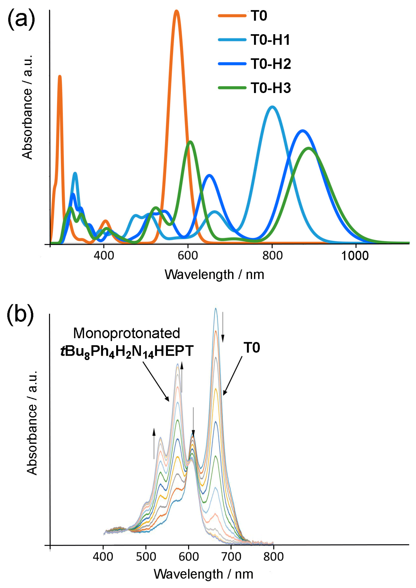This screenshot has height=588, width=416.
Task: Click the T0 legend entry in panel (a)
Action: point(259,16)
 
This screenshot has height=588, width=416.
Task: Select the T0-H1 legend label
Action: point(270,40)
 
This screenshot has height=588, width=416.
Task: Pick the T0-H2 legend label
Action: point(271,64)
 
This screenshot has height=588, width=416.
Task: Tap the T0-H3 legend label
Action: point(271,88)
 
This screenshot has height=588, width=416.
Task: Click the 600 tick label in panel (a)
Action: point(188,256)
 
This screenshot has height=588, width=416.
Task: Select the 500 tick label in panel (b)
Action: point(146,557)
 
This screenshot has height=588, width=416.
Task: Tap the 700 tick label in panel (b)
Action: point(231,557)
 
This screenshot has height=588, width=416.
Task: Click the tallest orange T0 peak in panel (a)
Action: point(176,11)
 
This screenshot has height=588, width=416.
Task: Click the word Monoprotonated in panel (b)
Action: point(127,333)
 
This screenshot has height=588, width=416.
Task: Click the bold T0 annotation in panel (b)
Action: point(252,348)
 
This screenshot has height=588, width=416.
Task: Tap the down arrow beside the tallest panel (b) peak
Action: point(223,327)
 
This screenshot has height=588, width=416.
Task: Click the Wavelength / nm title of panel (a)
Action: point(214,275)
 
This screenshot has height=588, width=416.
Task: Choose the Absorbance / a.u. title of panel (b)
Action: point(32,423)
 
